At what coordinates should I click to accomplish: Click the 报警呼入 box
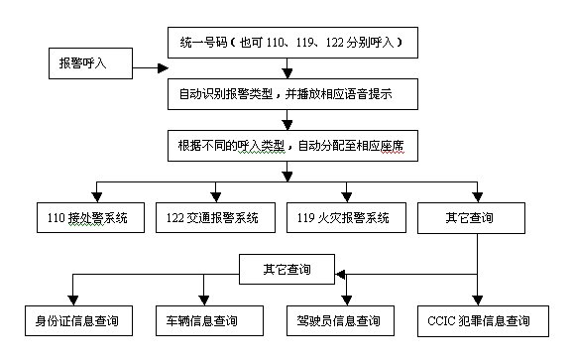tap(90, 63)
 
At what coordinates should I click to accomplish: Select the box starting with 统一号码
tap(292, 43)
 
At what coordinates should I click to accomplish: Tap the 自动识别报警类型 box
tap(292, 94)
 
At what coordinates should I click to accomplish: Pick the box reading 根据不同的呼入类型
tap(292, 146)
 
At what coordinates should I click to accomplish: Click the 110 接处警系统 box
tap(90, 217)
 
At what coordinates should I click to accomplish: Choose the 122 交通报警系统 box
tap(215, 217)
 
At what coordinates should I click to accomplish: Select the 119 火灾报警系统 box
tap(346, 217)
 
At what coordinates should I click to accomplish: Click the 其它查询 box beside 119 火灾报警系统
tap(471, 218)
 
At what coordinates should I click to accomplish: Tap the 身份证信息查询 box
tap(78, 321)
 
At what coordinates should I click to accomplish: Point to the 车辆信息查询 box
tap(209, 321)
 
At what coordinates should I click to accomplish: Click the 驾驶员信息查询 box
tap(340, 321)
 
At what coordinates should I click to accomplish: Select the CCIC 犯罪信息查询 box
tap(483, 321)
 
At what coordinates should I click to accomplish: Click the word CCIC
tap(441, 321)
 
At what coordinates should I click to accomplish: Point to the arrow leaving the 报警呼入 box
tap(151, 67)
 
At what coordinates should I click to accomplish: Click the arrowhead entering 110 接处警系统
tap(97, 197)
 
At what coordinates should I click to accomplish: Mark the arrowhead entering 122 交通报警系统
tap(215, 197)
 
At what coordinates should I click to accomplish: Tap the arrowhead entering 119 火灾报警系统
tap(347, 197)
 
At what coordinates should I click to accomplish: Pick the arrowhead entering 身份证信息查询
tap(73, 300)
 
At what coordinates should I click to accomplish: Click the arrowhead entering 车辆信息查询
tap(203, 300)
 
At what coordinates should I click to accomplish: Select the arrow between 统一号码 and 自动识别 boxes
tap(287, 68)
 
